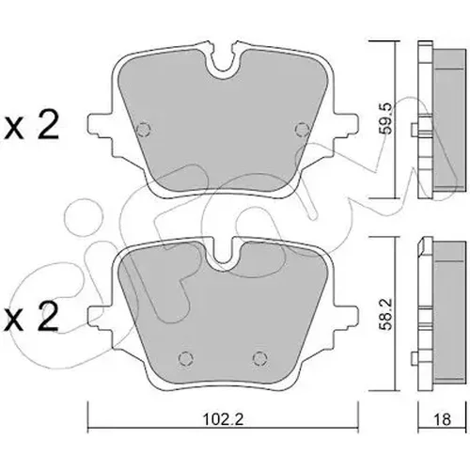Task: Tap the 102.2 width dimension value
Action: [x=223, y=419]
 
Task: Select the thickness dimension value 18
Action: [x=442, y=419]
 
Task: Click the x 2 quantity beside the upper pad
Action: [x=31, y=124]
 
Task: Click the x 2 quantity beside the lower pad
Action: [x=31, y=317]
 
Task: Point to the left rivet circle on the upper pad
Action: [x=144, y=129]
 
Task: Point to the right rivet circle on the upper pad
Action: [x=303, y=129]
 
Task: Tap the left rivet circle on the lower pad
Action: [x=185, y=358]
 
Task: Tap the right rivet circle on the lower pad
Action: [x=260, y=358]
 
